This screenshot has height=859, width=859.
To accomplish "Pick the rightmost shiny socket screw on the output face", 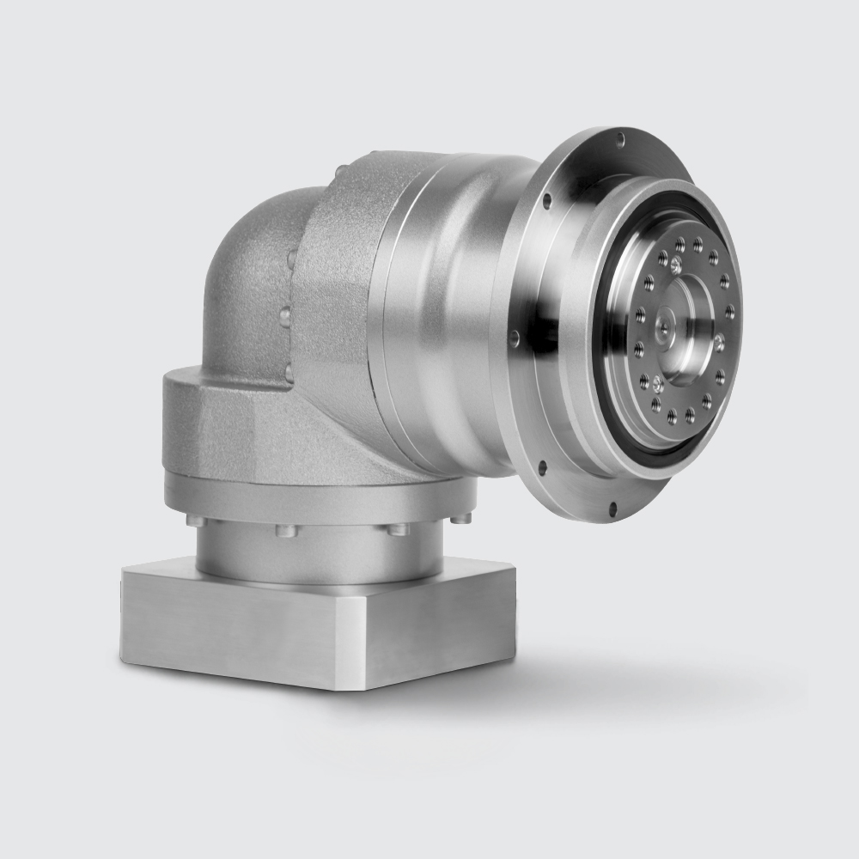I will (x=719, y=344).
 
